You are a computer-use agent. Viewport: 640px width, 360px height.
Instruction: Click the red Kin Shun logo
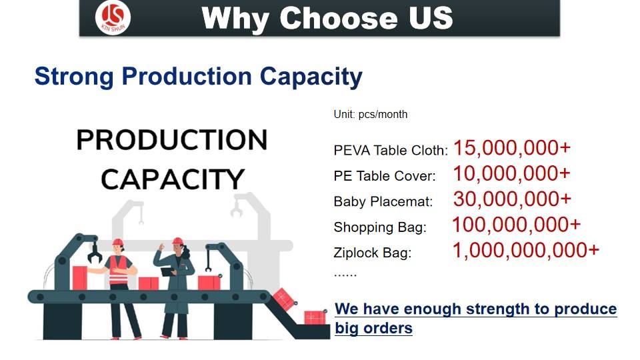tap(113, 17)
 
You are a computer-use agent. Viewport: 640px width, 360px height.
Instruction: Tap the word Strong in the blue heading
tap(74, 77)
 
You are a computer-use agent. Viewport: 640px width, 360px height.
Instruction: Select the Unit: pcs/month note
tap(370, 114)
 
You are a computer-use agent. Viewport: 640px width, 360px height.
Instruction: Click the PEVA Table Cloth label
tap(391, 151)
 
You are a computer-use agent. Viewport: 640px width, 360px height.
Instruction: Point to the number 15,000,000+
tap(512, 148)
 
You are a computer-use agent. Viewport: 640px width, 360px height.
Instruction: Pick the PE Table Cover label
tap(385, 176)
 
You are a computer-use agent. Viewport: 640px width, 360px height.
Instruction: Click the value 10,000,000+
tap(511, 173)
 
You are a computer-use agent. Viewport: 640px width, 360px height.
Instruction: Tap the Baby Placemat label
tap(383, 201)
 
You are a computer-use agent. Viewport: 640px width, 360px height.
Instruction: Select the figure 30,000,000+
tap(512, 199)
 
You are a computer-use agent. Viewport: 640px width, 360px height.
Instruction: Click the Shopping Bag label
tap(379, 227)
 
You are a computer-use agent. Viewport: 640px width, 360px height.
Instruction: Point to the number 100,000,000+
tap(516, 225)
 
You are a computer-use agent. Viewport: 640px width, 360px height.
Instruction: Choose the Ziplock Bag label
tap(372, 253)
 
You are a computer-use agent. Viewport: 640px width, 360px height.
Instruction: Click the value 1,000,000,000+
tap(526, 251)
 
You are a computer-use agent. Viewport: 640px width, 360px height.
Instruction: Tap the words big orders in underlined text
tap(373, 328)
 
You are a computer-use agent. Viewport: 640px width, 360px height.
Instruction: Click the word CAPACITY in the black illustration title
tap(172, 179)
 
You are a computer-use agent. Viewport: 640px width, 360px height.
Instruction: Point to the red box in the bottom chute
tap(315, 317)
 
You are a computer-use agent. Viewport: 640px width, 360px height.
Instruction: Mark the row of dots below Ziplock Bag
tap(345, 276)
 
